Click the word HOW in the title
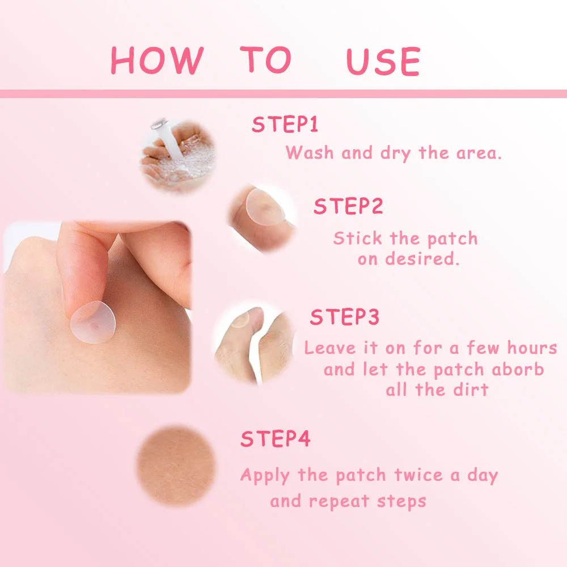click(156, 60)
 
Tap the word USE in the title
click(383, 61)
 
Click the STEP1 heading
click(285, 125)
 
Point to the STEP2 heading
click(348, 206)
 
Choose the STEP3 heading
click(344, 318)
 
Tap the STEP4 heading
click(276, 439)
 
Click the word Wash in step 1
click(310, 153)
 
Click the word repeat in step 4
click(340, 502)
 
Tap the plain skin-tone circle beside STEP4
click(176, 466)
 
